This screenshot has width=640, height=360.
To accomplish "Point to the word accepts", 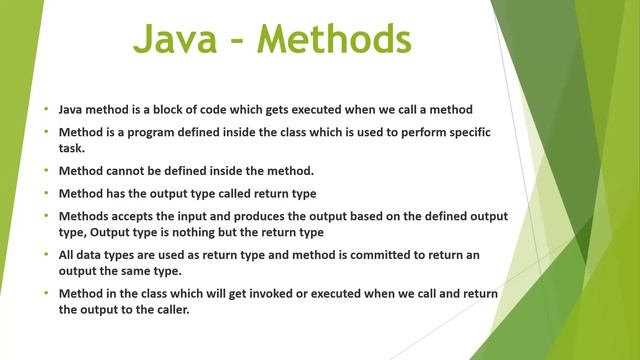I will tap(137, 216).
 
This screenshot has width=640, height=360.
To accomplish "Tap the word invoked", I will tap(271, 292).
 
